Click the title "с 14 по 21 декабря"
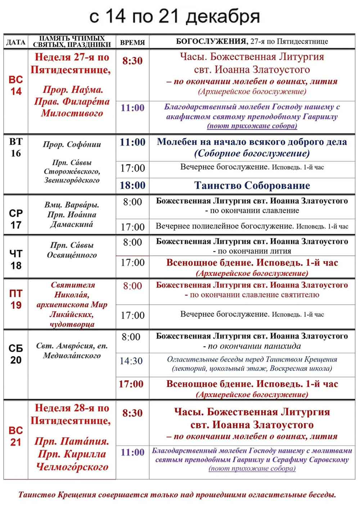174,17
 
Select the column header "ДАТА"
16,42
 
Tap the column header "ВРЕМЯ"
132,42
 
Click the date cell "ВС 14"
16,85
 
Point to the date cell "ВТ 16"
16,147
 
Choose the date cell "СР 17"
16,219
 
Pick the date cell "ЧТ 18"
16,259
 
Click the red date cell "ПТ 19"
16,299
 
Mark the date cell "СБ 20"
16,354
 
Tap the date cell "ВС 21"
16,436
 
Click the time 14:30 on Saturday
131,361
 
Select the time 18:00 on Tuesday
132,185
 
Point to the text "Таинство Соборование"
252,185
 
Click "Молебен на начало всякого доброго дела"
252,142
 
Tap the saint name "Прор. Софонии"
72,145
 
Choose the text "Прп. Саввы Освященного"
72,250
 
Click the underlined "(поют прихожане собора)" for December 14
252,126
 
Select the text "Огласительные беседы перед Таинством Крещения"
252,359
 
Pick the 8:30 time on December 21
132,413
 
